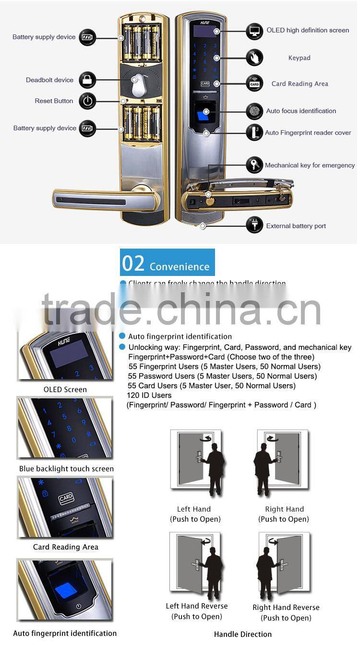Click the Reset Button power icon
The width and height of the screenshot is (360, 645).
tap(87, 101)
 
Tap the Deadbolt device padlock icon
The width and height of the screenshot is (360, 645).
tap(87, 80)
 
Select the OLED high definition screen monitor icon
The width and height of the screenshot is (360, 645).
tap(254, 31)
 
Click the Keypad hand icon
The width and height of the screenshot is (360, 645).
tap(254, 58)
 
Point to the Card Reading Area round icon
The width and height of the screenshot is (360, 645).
tap(254, 84)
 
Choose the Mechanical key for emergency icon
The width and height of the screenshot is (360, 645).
tap(254, 165)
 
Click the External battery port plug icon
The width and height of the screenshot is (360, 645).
tap(254, 225)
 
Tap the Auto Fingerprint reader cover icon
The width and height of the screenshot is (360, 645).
tap(254, 132)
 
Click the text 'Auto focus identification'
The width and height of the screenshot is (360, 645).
tap(301, 111)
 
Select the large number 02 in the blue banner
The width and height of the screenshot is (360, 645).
tap(133, 263)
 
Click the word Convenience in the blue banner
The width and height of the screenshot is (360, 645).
tap(180, 266)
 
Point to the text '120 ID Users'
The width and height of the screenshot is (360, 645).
tap(149, 395)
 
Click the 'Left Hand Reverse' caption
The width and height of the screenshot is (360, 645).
tap(197, 606)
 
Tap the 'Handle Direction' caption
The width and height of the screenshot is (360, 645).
tap(243, 634)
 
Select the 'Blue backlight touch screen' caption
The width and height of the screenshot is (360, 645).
tap(66, 469)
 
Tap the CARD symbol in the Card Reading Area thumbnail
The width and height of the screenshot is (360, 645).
tap(66, 499)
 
